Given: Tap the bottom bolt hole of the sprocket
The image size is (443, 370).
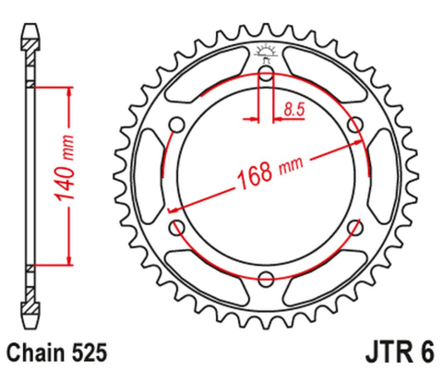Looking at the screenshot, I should tap(267, 280).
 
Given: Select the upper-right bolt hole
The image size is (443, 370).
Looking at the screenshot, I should tap(355, 125).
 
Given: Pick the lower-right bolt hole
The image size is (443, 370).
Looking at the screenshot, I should tap(355, 228).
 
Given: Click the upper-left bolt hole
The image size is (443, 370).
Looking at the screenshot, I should tap(178, 125).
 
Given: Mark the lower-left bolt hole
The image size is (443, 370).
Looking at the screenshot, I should tap(177, 228).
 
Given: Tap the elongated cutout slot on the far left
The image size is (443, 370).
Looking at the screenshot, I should tap(150, 176).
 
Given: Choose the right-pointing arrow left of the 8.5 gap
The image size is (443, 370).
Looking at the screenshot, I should tap(254, 119).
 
